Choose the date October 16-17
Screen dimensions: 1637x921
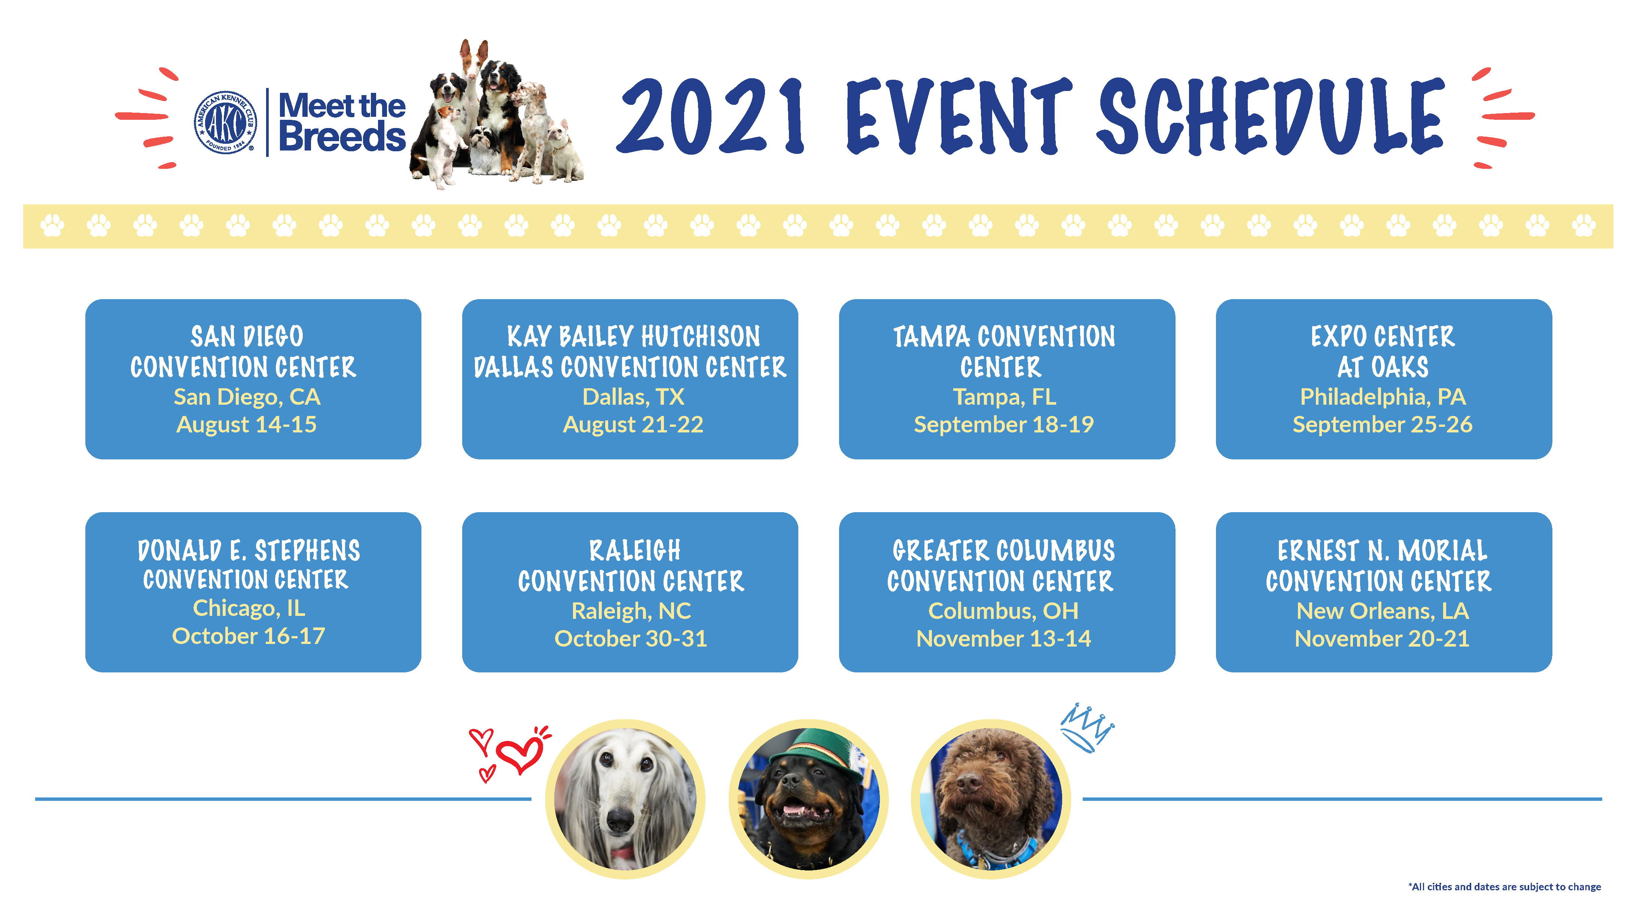249,636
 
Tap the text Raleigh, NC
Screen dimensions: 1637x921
631,611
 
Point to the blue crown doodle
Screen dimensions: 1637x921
1087,728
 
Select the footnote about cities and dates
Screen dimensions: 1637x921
1504,887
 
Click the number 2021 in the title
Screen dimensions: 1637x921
712,116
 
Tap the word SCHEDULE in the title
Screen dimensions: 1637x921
1271,116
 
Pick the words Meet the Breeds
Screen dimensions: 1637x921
342,122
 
